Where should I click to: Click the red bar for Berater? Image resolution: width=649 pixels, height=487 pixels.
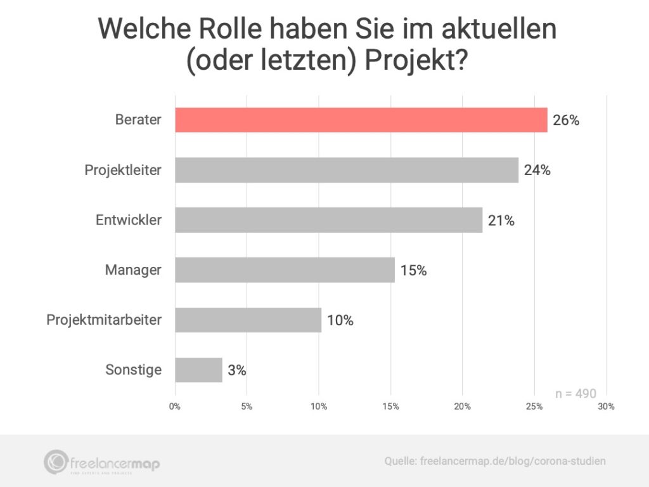click(361, 120)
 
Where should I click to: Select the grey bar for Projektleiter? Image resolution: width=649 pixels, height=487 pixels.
click(347, 170)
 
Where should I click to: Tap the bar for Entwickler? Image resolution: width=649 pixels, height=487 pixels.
click(328, 220)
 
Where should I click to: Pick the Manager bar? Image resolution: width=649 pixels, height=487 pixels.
click(285, 270)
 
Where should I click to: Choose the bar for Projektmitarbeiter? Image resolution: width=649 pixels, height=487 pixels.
click(248, 320)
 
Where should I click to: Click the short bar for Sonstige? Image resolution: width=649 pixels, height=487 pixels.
click(198, 370)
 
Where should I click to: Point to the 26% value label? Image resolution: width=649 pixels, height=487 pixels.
click(566, 120)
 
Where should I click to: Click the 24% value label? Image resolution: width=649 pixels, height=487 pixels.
click(537, 170)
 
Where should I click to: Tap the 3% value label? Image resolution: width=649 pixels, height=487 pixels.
click(237, 370)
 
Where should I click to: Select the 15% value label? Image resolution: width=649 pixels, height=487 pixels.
click(413, 270)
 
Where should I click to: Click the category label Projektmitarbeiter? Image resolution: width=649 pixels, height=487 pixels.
click(104, 320)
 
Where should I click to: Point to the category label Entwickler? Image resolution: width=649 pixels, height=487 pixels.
click(129, 220)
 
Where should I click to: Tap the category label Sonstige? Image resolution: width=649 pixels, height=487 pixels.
click(134, 370)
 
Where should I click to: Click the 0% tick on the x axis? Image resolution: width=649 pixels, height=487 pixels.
click(175, 406)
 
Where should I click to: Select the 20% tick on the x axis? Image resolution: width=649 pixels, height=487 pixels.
click(463, 406)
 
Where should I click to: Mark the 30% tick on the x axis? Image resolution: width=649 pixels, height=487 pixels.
click(607, 406)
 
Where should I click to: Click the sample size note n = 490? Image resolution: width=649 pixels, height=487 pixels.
click(575, 394)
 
